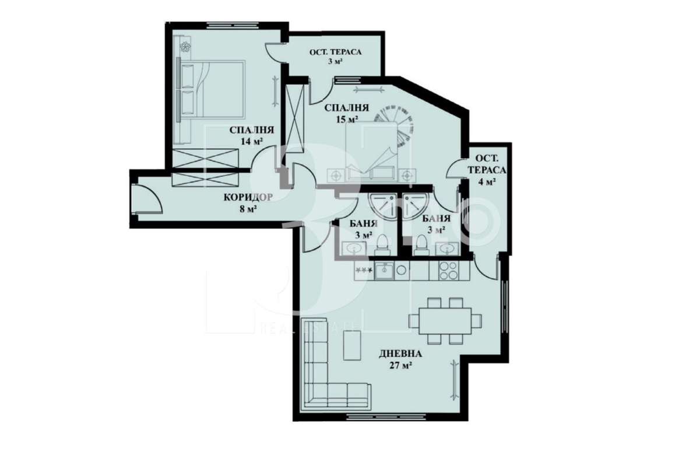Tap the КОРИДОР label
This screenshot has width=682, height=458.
point(248,198)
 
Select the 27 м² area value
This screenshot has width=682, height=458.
point(400,366)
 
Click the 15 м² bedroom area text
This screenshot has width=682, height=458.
point(347,119)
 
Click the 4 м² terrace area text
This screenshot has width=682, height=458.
point(487,181)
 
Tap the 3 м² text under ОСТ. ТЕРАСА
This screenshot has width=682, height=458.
point(335,61)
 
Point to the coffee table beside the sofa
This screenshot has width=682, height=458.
point(349,345)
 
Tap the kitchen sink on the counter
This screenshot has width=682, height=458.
point(385,271)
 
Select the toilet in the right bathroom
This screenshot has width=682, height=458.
point(421,244)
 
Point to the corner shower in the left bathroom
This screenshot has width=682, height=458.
point(381,205)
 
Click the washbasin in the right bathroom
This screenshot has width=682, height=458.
point(448,249)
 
